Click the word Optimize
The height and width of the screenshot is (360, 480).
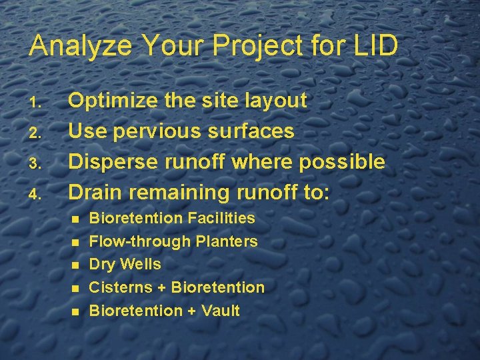[x=111, y=101]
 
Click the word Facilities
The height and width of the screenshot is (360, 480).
[x=221, y=218]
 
